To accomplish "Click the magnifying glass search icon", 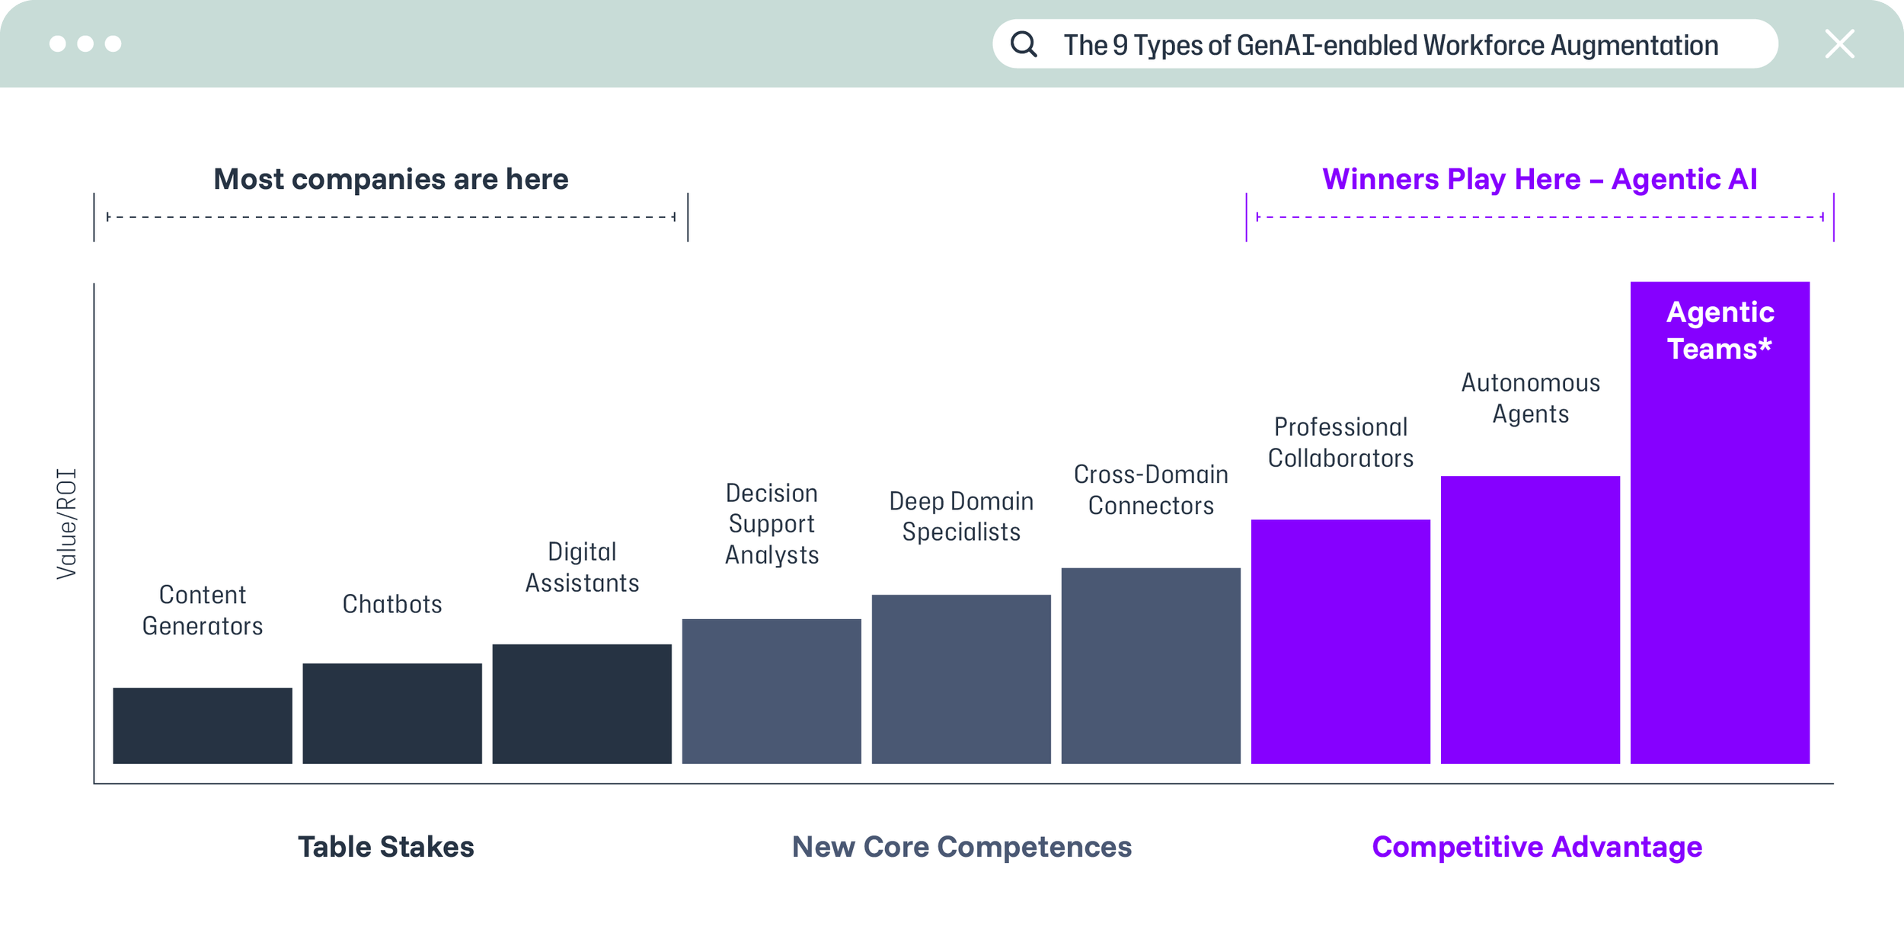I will (x=1024, y=44).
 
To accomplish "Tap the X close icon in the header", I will (x=1839, y=44).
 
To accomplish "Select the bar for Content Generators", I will (x=203, y=726).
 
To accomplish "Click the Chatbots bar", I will (x=392, y=714).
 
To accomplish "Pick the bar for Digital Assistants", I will (x=582, y=704).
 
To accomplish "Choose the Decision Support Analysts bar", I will (x=772, y=692).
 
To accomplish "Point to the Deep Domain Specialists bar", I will (x=961, y=679).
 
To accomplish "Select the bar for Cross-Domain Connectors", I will (x=1151, y=666).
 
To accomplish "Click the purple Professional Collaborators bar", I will (x=1340, y=642).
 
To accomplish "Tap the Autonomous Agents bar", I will (x=1530, y=620).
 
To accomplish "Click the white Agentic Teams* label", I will (x=1720, y=331).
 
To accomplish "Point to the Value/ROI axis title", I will (x=67, y=524).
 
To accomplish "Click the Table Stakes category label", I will (x=386, y=847).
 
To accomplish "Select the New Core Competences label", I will (x=962, y=847).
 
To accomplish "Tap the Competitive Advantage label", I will (x=1537, y=847).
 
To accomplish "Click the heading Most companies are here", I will (x=391, y=179).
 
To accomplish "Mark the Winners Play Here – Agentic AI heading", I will (x=1540, y=179).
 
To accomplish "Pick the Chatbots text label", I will (x=392, y=604).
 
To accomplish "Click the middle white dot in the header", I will (x=85, y=44).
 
